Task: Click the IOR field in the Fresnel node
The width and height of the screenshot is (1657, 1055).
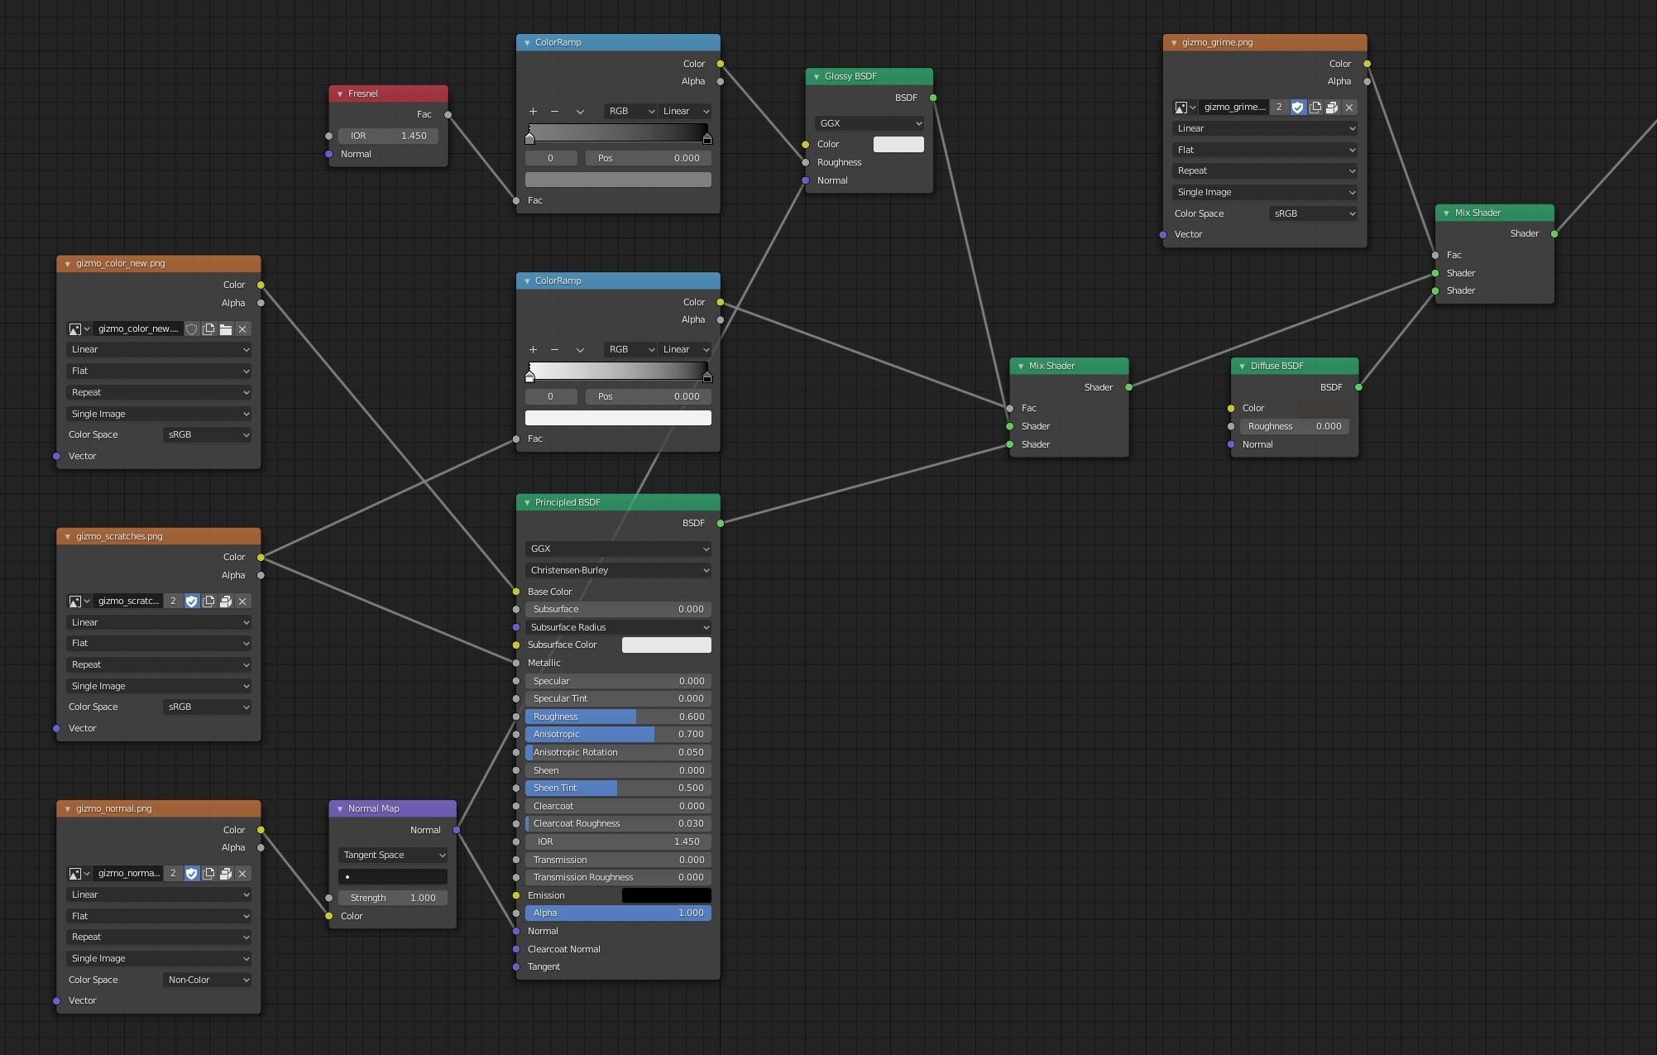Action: click(x=388, y=136)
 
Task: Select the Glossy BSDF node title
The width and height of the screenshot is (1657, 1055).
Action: click(x=850, y=76)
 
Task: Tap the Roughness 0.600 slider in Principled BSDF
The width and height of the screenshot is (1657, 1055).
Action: click(x=618, y=717)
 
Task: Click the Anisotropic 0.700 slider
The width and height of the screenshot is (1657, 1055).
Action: click(x=618, y=734)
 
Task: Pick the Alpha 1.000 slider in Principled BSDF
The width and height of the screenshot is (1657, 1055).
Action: click(x=618, y=913)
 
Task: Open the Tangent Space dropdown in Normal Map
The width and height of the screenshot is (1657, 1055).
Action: click(x=393, y=855)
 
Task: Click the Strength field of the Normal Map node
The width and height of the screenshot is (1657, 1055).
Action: click(x=393, y=898)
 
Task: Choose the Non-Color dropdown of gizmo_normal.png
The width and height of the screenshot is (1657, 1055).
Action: click(x=207, y=980)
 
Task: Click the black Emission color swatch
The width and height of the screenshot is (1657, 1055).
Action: click(x=666, y=895)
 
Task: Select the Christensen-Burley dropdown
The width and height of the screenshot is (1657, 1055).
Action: click(x=618, y=570)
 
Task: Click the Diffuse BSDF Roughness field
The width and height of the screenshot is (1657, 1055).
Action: click(x=1295, y=426)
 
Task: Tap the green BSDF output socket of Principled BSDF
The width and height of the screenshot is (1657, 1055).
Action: click(x=721, y=523)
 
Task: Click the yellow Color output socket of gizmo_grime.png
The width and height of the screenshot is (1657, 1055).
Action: click(x=1367, y=64)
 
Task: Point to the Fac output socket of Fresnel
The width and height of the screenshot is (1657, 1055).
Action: click(x=448, y=115)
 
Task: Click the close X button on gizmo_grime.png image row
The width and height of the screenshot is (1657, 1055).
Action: click(x=1349, y=107)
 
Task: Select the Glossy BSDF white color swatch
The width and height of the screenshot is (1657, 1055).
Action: click(x=898, y=144)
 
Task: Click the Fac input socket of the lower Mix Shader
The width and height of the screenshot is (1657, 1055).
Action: click(x=1010, y=408)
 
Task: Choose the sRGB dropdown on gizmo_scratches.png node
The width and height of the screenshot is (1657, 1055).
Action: click(x=207, y=707)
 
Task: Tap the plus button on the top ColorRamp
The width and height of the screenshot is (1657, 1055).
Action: click(x=533, y=111)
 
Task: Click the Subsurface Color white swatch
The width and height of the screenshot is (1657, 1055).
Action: click(x=666, y=645)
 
